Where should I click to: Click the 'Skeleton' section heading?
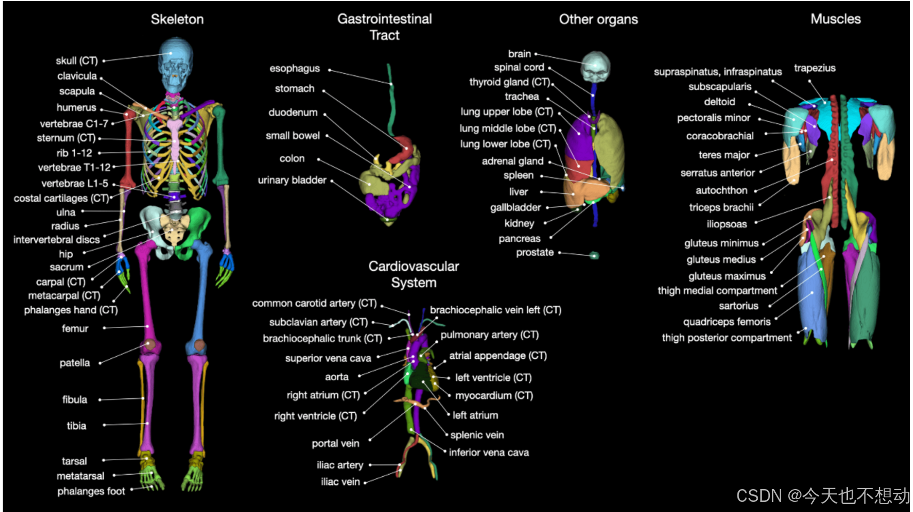point(177,20)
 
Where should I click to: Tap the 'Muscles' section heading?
point(835,19)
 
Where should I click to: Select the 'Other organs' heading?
point(598,20)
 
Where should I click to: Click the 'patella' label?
point(75,363)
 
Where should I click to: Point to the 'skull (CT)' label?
point(76,61)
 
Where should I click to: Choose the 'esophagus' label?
point(295,68)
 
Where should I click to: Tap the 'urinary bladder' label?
point(292,180)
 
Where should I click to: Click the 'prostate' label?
point(535,252)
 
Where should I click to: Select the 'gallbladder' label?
point(515,207)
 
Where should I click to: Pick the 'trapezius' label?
point(814,68)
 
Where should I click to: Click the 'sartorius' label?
point(738,306)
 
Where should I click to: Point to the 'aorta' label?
point(337,377)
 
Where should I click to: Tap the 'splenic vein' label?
point(477,435)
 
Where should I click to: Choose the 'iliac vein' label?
point(340,482)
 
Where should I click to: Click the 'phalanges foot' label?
point(91,491)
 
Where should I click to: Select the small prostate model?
point(594,255)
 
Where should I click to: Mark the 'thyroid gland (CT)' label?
point(510,82)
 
